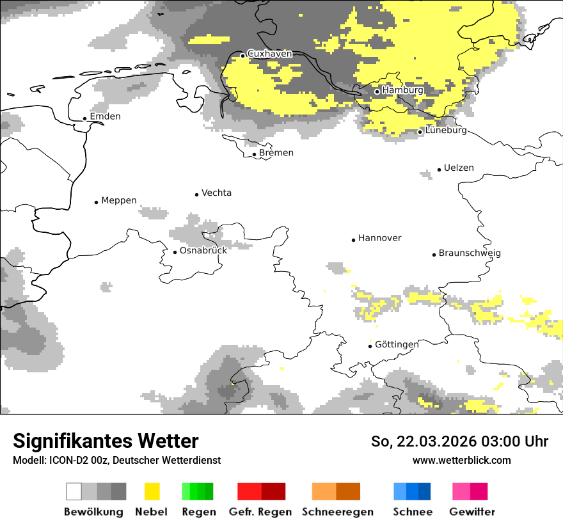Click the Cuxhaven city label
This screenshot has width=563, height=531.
269,54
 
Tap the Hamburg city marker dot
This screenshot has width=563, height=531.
377,91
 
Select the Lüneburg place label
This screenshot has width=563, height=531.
446,131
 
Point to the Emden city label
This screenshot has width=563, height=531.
105,116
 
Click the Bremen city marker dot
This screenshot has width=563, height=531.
254,154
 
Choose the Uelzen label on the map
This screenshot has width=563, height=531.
459,168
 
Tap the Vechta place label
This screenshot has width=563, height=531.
216,193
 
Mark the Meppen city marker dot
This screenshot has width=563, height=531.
96,202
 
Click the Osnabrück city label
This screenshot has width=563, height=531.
203,250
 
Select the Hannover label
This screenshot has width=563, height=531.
379,238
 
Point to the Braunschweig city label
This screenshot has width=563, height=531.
470,253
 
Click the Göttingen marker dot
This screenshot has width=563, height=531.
370,346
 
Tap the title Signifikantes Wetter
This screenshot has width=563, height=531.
106,441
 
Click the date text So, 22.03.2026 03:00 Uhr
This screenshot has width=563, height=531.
459,441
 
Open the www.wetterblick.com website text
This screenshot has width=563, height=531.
461,460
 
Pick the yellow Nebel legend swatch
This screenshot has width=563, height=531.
152,491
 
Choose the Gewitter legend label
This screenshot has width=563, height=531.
472,512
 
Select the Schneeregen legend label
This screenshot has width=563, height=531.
337,512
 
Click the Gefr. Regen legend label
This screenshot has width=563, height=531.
260,512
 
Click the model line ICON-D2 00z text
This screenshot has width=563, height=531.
116,460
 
